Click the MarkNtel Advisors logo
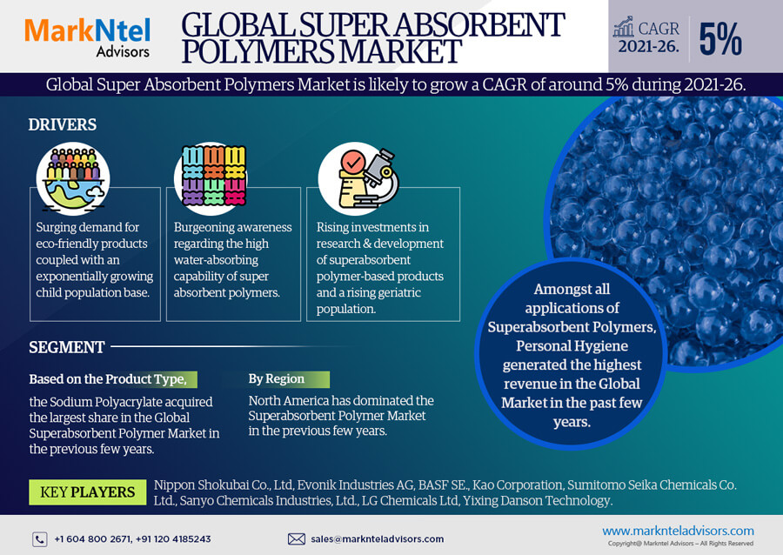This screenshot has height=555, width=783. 87,37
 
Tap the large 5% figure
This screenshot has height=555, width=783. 720,39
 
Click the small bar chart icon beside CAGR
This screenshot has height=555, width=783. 624,26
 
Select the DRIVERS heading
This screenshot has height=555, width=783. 63,124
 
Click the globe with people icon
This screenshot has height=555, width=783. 73,178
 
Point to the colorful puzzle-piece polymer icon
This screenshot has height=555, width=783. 214,176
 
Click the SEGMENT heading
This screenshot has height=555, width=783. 67,347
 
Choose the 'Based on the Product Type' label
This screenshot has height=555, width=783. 108,379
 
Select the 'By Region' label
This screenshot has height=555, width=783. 277,378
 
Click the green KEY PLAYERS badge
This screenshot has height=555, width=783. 87,492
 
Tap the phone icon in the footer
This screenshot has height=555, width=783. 40,539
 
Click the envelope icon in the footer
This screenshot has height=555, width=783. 297,539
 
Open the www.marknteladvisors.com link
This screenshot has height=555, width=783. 678,531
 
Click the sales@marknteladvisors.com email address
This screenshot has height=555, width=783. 377,539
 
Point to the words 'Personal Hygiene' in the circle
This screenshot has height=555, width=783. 572,346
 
